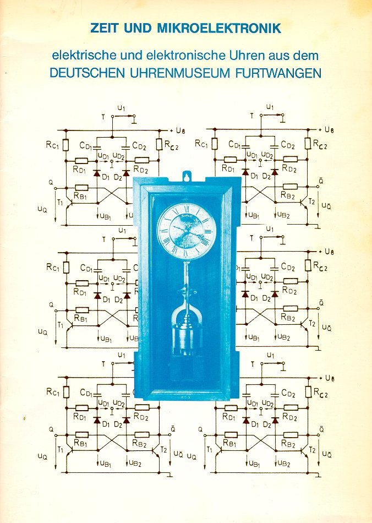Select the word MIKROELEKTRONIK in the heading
219,28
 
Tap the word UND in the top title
138,28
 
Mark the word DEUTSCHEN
87,73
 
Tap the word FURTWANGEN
278,73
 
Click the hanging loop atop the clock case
187,176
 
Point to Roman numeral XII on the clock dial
187,209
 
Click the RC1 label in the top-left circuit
53,145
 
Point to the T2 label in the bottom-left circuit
163,450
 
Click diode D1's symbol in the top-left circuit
97,173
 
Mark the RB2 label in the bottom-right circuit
288,444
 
